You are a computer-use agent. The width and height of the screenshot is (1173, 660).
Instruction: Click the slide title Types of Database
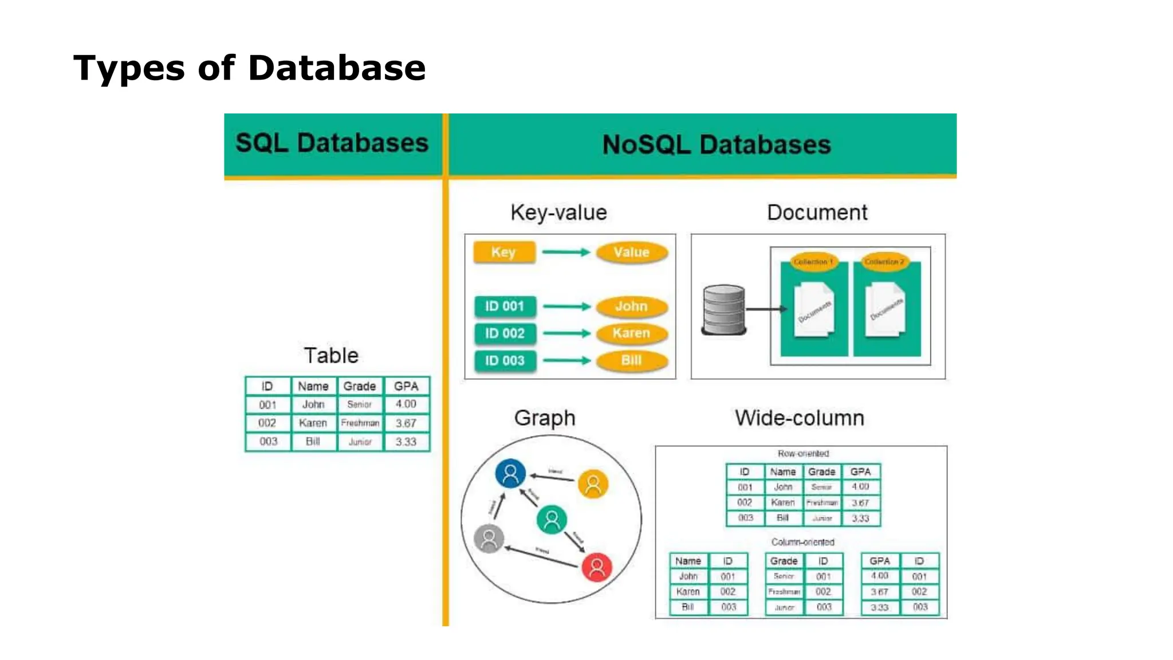(x=249, y=68)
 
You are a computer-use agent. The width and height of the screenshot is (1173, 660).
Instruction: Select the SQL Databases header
(x=332, y=143)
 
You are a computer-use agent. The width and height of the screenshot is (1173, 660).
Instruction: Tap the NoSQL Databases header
(x=716, y=144)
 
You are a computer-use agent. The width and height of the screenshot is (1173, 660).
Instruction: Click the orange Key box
(x=504, y=252)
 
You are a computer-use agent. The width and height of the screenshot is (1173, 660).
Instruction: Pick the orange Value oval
(x=632, y=252)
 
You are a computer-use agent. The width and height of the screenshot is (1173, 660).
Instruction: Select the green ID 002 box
(x=505, y=333)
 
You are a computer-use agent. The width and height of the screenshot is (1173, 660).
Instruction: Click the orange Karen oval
(x=632, y=333)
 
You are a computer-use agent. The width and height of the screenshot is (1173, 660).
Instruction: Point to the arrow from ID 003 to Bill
(x=566, y=360)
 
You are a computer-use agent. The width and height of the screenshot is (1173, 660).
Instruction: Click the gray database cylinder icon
(x=724, y=309)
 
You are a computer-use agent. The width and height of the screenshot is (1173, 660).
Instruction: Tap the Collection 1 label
(x=813, y=262)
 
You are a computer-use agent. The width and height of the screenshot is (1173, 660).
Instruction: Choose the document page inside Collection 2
(x=885, y=310)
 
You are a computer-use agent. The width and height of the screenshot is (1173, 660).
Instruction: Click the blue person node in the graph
(x=510, y=473)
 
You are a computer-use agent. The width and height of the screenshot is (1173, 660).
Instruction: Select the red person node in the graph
(x=597, y=567)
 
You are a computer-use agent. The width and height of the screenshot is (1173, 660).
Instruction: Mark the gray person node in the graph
(x=489, y=539)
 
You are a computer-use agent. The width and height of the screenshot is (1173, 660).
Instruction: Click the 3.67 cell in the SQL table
(x=406, y=423)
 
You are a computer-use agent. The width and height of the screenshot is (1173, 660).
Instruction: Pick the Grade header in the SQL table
(x=360, y=386)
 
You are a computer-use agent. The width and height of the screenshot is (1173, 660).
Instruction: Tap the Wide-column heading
(x=800, y=418)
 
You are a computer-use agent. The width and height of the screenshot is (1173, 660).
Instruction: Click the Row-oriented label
(x=803, y=454)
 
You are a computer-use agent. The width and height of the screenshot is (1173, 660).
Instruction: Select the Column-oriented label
(x=802, y=542)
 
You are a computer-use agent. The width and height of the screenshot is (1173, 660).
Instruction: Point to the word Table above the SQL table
(x=331, y=356)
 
